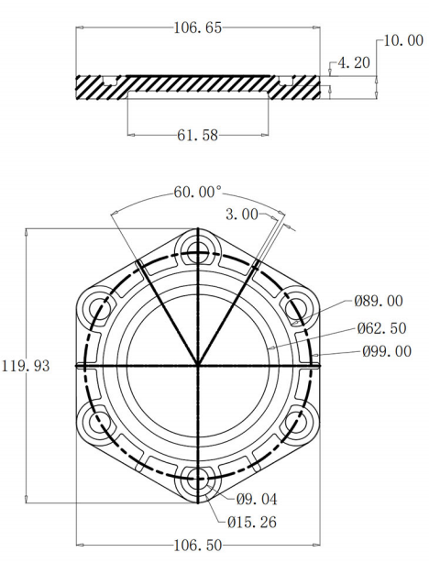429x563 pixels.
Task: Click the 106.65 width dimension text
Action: [197, 28]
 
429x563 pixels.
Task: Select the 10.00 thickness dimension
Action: [401, 41]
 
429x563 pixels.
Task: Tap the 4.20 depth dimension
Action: [354, 63]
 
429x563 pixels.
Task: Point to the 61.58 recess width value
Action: [197, 136]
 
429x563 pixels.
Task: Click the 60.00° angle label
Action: [198, 193]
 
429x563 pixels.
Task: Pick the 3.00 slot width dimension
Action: [240, 214]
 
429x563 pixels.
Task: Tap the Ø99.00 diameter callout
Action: [386, 351]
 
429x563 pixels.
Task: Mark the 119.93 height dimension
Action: [26, 365]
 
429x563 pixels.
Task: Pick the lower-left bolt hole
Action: [95, 424]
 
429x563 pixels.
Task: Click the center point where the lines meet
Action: [198, 365]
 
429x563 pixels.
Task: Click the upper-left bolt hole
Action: [95, 305]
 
